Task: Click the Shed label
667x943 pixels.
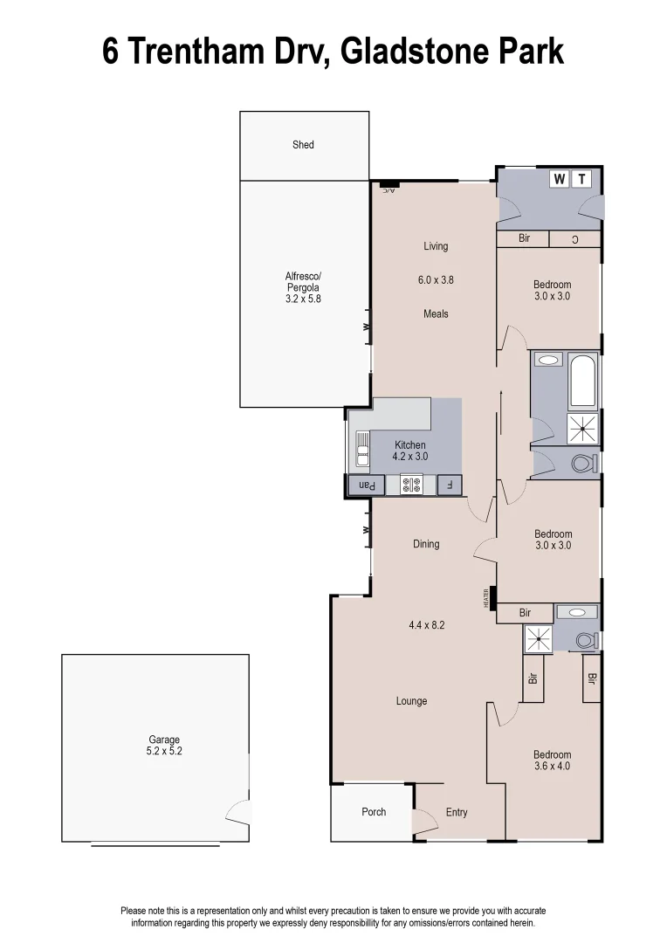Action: coord(303,145)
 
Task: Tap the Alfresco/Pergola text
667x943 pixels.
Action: coord(303,287)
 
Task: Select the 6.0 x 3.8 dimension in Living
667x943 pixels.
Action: coord(436,280)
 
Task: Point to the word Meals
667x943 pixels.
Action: coord(436,313)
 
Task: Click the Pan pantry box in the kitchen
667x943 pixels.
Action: coord(367,485)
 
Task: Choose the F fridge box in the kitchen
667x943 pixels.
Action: coord(450,485)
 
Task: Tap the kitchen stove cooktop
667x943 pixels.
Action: coord(411,485)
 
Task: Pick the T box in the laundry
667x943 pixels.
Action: coord(581,179)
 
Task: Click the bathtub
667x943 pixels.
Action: coord(582,382)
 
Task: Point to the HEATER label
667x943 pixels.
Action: coord(486,598)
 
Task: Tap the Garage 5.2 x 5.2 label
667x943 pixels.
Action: coord(163,746)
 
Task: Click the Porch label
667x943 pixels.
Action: coord(374,812)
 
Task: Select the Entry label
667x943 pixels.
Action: coord(457,812)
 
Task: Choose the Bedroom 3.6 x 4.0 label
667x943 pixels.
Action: coord(553,761)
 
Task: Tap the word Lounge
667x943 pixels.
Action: coord(411,701)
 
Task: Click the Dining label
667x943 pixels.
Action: coord(426,544)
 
